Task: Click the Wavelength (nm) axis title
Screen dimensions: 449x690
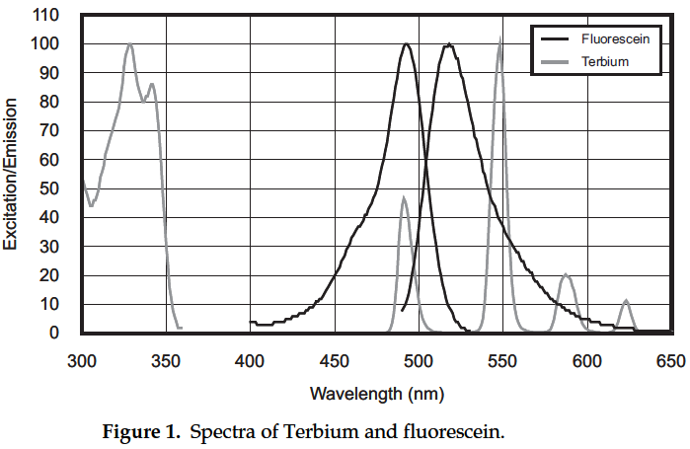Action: click(377, 393)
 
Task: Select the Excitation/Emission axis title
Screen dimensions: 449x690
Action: click(14, 175)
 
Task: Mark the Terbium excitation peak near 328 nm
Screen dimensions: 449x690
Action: click(129, 44)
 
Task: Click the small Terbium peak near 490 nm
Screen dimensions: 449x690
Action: click(403, 198)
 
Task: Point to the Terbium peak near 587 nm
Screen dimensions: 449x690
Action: click(566, 275)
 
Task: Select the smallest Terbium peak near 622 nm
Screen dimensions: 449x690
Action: click(626, 300)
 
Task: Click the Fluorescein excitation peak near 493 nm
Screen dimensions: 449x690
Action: click(407, 44)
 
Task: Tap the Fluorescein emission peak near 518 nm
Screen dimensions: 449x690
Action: click(449, 44)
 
